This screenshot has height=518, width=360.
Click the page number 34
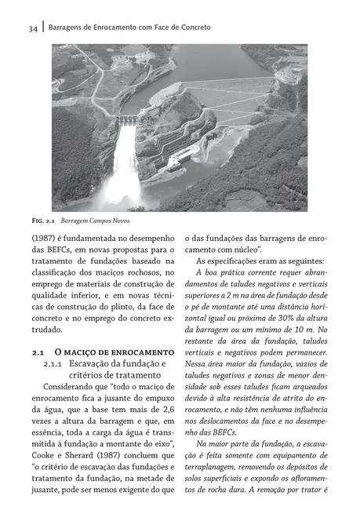tap(32, 28)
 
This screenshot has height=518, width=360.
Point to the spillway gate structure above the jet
tap(126, 119)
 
